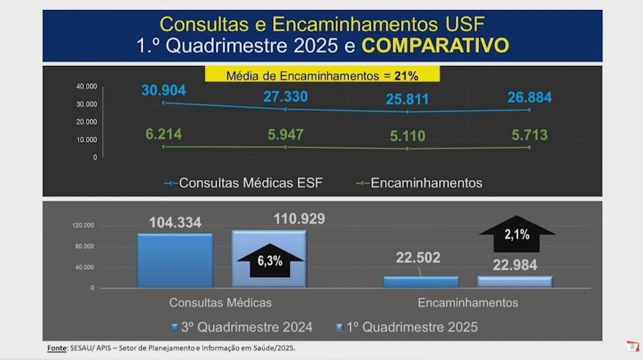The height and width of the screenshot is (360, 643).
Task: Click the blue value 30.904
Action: (x=164, y=90)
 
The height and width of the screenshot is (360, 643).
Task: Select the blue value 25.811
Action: (x=407, y=99)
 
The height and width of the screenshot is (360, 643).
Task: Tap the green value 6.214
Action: (x=164, y=134)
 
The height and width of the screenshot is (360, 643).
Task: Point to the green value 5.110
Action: (x=408, y=136)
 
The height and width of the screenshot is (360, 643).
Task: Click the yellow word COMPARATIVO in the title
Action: (x=435, y=45)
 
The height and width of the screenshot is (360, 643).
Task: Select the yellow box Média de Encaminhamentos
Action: (x=322, y=74)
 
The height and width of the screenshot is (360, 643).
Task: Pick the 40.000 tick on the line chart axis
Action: (x=87, y=87)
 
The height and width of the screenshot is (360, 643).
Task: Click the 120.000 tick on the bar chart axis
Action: (x=83, y=225)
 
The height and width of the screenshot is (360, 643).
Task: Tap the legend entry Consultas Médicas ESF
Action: (x=244, y=183)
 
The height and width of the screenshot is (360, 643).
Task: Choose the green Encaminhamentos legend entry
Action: (x=419, y=183)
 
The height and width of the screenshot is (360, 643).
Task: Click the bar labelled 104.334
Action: (x=175, y=261)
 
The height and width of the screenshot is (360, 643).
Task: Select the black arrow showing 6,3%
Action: (x=271, y=260)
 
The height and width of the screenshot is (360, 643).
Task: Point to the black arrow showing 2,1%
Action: (x=516, y=233)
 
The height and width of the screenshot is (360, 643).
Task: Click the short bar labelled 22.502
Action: (x=420, y=282)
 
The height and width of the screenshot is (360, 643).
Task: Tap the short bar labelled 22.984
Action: (x=515, y=281)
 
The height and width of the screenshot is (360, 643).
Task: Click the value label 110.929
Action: (x=299, y=219)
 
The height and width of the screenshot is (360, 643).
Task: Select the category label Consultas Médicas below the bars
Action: (x=220, y=303)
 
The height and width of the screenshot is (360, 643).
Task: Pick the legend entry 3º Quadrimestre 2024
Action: (x=242, y=327)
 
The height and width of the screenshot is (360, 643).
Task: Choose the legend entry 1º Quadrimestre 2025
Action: (x=407, y=327)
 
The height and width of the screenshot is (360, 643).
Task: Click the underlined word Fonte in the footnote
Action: (x=57, y=348)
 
